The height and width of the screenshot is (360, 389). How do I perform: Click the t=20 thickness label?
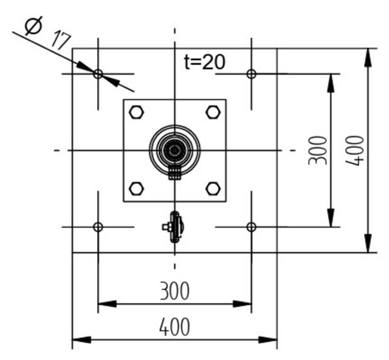point(205,61)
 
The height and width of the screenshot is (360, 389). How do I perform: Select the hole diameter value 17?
point(60,39)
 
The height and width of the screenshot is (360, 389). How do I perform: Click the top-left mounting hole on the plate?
point(98,74)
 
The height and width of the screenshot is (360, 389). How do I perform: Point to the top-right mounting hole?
point(251,74)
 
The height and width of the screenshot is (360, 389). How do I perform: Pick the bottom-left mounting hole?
point(98,227)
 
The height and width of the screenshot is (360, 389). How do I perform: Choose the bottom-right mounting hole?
point(251,227)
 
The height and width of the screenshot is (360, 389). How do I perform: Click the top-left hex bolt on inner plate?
point(137,112)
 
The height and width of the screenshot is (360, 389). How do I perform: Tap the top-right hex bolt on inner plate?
point(213,112)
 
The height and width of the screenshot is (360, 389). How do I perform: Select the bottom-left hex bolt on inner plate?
point(137,188)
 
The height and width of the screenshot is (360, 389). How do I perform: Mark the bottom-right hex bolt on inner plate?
point(213,188)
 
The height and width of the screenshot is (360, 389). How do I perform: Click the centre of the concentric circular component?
point(175,150)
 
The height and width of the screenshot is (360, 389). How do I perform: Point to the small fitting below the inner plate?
point(174,227)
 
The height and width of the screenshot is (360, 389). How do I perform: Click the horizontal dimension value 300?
point(174,291)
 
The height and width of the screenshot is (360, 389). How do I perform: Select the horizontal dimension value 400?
point(174,327)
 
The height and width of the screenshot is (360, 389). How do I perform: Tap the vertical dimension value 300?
point(318,150)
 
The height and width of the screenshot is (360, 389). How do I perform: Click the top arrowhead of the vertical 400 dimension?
point(368,55)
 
